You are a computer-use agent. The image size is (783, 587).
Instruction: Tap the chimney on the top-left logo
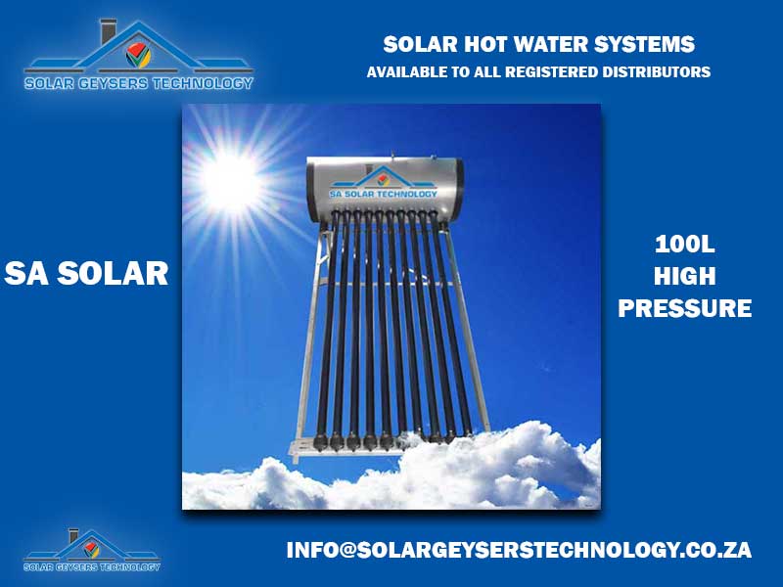(108, 32)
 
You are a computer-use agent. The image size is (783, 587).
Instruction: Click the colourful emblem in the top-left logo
(138, 55)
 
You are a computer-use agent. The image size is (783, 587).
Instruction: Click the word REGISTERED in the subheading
(551, 71)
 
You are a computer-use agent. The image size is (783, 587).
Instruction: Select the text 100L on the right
(684, 244)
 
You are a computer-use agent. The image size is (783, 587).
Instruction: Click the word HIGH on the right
(684, 276)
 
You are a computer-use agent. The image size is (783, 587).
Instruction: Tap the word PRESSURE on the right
(684, 308)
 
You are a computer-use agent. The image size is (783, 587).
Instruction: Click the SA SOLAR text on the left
(86, 274)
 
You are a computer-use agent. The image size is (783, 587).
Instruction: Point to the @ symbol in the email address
(346, 550)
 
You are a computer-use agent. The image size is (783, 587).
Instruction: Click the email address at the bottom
(519, 550)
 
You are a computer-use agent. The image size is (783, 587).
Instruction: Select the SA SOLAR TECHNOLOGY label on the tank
(383, 194)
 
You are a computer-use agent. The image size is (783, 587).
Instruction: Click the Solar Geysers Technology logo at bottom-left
(91, 550)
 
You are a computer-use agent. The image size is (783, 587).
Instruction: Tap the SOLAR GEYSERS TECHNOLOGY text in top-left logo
(138, 83)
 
